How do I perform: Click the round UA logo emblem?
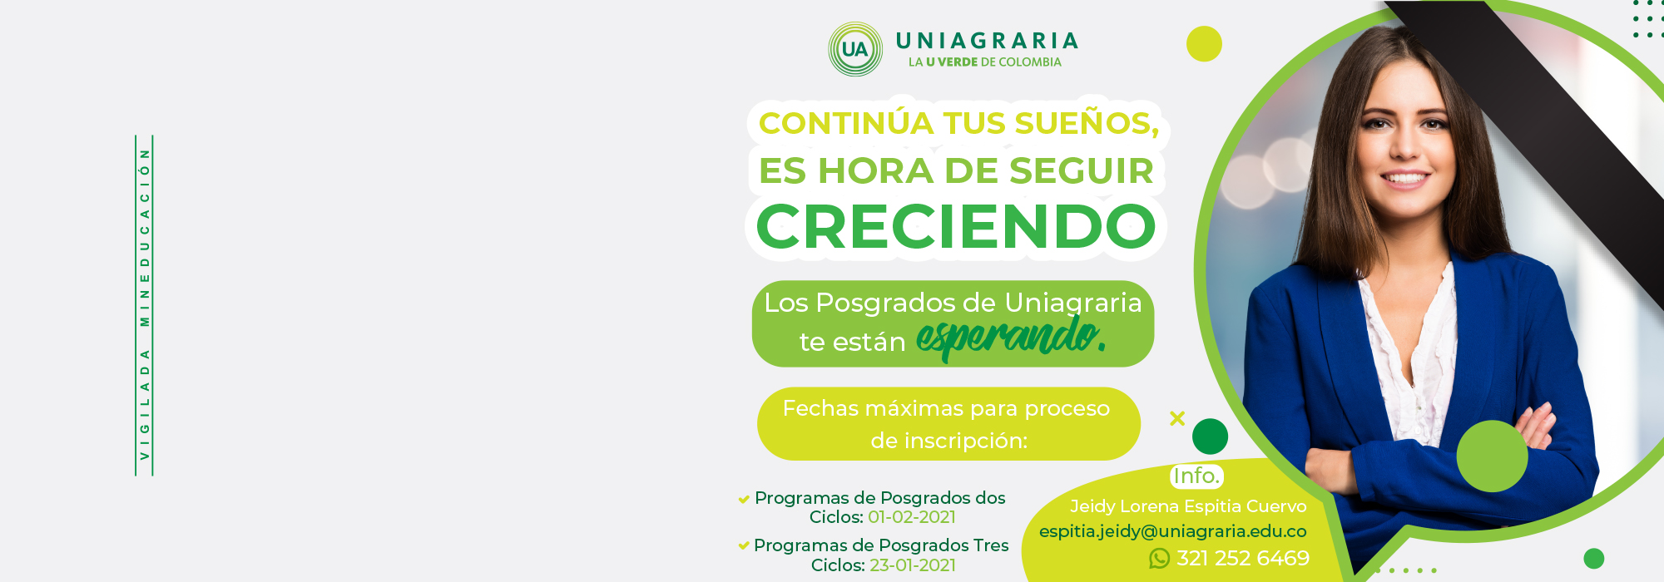[854, 49]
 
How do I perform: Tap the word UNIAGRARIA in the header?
[987, 41]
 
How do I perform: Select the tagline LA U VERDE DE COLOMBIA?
[985, 62]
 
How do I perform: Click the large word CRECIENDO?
[956, 226]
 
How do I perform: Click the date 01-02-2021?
[912, 517]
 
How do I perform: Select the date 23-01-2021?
[913, 565]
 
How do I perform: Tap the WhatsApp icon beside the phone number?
[1159, 559]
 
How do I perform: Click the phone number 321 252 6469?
[1243, 559]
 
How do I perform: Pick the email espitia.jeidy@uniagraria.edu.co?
[1173, 531]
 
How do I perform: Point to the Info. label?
[1196, 476]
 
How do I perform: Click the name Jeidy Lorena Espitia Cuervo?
[1188, 506]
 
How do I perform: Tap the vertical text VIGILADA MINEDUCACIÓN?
[145, 305]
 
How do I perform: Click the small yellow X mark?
[1177, 418]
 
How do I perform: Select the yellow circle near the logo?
[1204, 44]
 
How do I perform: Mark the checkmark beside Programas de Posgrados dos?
[744, 500]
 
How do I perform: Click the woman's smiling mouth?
[1404, 179]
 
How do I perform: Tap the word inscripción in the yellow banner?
[949, 441]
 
